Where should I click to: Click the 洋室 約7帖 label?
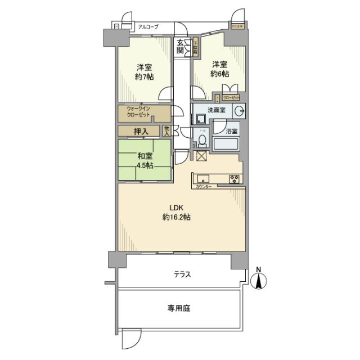tap(145, 71)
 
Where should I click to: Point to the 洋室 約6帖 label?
tap(220, 69)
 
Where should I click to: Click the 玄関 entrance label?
tap(180, 47)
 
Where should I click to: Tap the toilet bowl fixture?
tap(202, 139)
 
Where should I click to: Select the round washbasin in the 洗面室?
tap(238, 110)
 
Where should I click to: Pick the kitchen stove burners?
tap(235, 179)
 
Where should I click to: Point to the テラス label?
tap(182, 275)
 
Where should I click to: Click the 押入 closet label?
tap(141, 132)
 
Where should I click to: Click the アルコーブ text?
tap(148, 26)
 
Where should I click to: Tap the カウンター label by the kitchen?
tap(203, 187)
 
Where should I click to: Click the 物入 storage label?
tap(166, 131)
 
